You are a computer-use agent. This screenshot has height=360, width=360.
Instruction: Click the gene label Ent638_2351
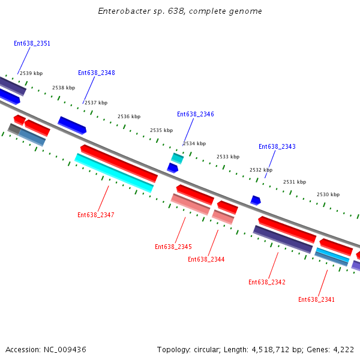[x=32, y=44]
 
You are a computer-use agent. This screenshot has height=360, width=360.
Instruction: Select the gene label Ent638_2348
[x=96, y=73]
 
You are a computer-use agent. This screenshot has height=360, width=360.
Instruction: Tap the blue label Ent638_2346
[x=195, y=115]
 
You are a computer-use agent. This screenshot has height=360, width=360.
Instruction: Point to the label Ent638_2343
[x=277, y=147]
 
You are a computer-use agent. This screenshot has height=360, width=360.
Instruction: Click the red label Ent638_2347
[x=95, y=215]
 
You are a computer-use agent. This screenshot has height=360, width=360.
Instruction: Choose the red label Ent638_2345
[x=173, y=247]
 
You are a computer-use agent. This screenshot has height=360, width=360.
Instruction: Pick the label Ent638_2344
[x=206, y=260]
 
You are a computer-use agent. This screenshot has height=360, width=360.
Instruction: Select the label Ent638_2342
[x=266, y=283]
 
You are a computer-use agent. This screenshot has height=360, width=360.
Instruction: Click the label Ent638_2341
[x=316, y=300]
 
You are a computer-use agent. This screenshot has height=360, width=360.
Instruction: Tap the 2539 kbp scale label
[x=31, y=74]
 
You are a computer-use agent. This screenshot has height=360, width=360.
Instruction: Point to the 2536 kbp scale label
[x=128, y=117]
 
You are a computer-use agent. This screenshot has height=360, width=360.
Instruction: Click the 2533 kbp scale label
[x=227, y=157]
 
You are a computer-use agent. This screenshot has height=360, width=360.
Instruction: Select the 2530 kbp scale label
[x=328, y=195]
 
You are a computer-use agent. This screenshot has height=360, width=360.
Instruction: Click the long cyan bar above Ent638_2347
[x=114, y=173]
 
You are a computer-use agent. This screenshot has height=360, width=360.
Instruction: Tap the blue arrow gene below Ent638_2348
[x=72, y=125]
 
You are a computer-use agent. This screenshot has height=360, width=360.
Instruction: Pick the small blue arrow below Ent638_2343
[x=256, y=200]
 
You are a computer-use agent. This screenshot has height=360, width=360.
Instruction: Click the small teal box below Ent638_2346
[x=177, y=158]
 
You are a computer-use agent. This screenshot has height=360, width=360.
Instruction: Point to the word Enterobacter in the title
[x=122, y=11]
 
